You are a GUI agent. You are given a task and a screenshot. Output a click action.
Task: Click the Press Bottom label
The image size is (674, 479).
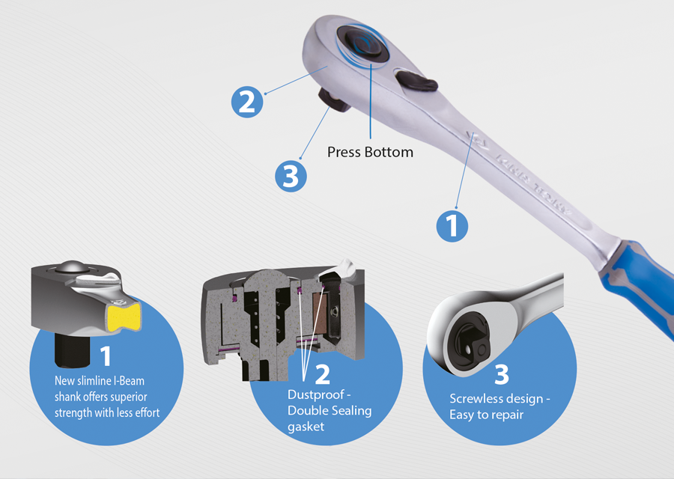tap(370, 152)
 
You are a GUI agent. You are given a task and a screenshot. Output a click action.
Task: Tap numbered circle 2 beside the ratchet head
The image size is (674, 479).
tap(247, 103)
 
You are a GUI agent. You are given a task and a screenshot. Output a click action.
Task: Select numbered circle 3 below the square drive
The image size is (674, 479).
tap(291, 176)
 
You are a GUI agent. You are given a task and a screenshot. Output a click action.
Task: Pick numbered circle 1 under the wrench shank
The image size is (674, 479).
tap(452, 226)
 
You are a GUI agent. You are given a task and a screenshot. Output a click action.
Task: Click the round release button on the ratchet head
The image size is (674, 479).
tap(363, 43)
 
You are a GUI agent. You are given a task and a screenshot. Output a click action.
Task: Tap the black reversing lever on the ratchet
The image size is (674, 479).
tap(416, 81)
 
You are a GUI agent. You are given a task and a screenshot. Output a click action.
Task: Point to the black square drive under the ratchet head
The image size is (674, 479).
tap(335, 100)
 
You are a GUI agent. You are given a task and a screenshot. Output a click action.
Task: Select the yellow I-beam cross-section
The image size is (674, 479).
tap(124, 317)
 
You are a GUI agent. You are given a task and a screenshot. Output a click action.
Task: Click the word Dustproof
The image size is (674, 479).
tap(316, 394)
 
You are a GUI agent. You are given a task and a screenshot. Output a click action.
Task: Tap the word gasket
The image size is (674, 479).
tap(306, 427)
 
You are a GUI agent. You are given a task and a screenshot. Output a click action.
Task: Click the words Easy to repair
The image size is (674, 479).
tap(487, 415)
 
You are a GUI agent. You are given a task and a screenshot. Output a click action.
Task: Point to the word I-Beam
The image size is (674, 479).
tap(128, 381)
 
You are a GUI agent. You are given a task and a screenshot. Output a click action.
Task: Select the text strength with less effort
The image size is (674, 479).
tap(107, 413)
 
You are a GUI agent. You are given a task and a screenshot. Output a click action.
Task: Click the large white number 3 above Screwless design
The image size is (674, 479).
tap(502, 375)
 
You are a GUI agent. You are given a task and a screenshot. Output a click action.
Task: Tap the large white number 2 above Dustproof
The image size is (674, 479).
tap(322, 375)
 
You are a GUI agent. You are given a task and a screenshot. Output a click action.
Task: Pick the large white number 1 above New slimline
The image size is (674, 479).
tap(106, 356)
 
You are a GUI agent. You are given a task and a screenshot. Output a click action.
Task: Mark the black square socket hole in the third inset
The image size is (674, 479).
tap(473, 344)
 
